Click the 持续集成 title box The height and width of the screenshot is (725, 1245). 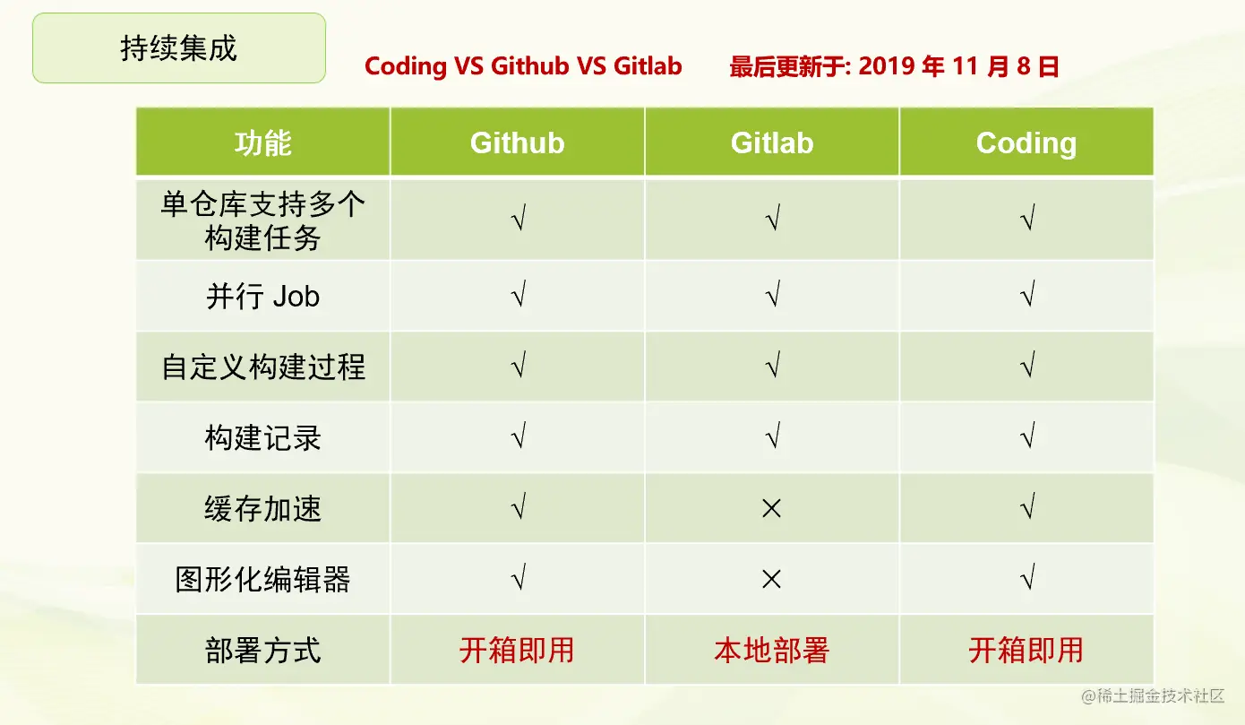[x=179, y=48]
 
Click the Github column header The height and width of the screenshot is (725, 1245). [x=518, y=142]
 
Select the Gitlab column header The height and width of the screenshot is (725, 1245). [x=772, y=142]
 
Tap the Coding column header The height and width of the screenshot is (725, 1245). [x=1026, y=142]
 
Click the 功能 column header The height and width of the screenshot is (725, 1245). [x=263, y=142]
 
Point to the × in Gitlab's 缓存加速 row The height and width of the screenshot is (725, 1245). [x=771, y=508]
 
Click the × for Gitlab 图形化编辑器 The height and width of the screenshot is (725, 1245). [x=771, y=579]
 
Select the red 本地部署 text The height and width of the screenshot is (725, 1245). [x=772, y=650]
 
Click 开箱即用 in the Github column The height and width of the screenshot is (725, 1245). [x=517, y=650]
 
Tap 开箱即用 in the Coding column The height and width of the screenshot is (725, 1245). [x=1026, y=650]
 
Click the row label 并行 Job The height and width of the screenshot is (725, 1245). [x=263, y=296]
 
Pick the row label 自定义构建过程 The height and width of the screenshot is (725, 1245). [x=263, y=367]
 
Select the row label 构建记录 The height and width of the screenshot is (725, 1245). [x=263, y=437]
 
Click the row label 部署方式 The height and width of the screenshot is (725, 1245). [x=263, y=650]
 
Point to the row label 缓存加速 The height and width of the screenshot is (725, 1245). [x=263, y=508]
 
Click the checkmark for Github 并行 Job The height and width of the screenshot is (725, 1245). [x=519, y=294]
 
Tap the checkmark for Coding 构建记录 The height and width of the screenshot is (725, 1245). [x=1027, y=436]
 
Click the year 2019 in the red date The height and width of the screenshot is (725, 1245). [x=886, y=66]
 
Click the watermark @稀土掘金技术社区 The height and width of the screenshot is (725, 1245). [x=1153, y=695]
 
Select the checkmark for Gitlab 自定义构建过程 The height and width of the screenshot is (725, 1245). [x=773, y=365]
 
